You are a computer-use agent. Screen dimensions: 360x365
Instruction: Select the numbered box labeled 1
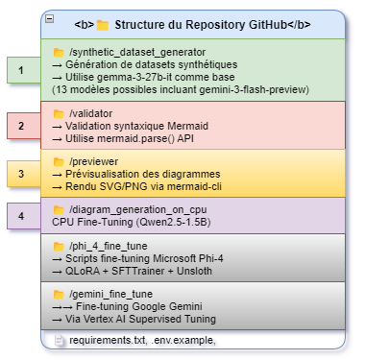pos(20,69)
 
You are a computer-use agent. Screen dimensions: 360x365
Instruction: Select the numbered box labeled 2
pos(20,125)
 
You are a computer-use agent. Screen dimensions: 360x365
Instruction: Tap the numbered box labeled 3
pos(20,175)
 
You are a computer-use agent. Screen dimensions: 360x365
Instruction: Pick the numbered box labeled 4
pos(20,216)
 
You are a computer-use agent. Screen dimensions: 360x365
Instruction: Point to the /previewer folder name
pos(95,164)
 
